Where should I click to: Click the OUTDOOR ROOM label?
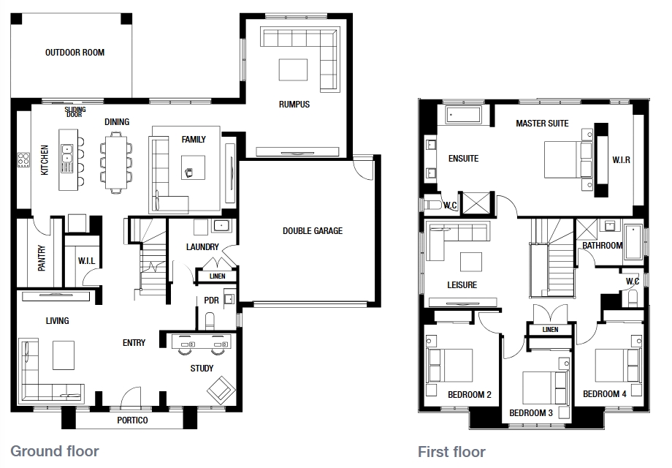(75, 53)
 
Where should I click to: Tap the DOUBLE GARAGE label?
(313, 231)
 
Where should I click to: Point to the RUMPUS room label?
(294, 105)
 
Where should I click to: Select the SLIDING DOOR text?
(75, 112)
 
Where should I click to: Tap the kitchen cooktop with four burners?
(23, 160)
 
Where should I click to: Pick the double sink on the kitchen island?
(67, 158)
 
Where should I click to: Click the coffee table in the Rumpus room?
(293, 69)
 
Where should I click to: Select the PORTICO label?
(132, 420)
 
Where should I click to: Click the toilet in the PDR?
(210, 321)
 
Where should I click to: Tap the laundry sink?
(221, 226)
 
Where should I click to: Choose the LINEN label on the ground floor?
(217, 276)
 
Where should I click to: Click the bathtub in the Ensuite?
(464, 115)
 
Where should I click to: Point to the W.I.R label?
(621, 160)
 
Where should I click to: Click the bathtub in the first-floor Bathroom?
(633, 242)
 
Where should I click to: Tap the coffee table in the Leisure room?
(471, 262)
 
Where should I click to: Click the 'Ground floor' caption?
(55, 451)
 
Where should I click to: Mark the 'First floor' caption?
(451, 452)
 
